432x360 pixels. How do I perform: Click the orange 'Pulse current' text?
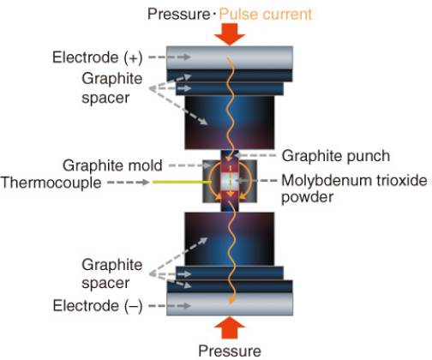tap(266, 14)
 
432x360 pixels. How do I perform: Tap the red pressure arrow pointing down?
tap(230, 34)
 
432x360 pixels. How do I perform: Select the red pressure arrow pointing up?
tap(230, 327)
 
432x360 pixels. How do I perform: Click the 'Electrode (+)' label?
tap(98, 57)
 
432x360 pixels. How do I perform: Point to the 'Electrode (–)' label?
tap(98, 306)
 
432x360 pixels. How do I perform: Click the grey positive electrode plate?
tap(230, 57)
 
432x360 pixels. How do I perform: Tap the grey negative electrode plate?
tap(230, 304)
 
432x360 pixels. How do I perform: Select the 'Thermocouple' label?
tap(51, 183)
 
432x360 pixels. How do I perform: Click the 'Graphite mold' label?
tap(112, 165)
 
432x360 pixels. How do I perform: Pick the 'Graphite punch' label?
tap(336, 156)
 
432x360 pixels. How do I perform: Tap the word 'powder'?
tap(308, 197)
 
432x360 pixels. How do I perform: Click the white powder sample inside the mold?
tap(230, 182)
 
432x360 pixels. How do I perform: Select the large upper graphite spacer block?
tap(230, 123)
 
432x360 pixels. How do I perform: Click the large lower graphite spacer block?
tap(230, 239)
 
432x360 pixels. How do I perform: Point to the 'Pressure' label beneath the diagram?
tap(230, 351)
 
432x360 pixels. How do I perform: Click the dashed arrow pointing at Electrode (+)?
tap(170, 57)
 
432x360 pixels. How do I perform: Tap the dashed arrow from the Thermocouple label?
tap(129, 182)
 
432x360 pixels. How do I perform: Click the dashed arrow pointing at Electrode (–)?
tap(170, 306)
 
